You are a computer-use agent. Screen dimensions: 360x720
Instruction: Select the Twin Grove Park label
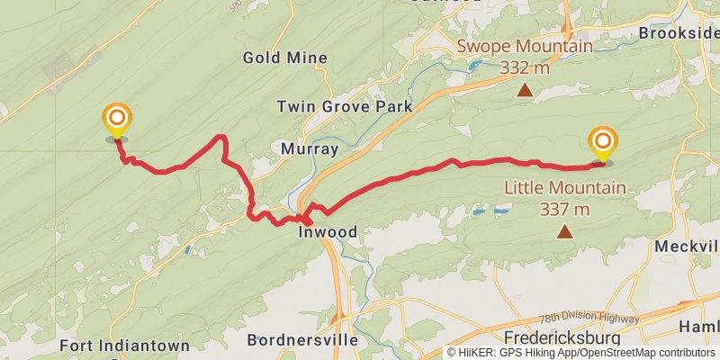click(345, 106)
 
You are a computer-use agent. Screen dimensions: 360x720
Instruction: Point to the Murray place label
click(310, 148)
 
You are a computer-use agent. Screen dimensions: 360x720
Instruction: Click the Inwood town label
click(328, 232)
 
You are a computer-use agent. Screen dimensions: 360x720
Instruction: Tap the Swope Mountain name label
click(526, 46)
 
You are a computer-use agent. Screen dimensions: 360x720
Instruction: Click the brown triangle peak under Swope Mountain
click(525, 90)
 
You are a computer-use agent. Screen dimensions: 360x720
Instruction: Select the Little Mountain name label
click(564, 188)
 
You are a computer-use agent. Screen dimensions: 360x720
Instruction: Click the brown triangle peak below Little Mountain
click(564, 232)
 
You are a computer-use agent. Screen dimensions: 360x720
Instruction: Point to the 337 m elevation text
click(565, 210)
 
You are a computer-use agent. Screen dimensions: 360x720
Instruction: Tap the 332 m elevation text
click(526, 67)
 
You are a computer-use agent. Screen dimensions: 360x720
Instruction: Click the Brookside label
click(678, 32)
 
